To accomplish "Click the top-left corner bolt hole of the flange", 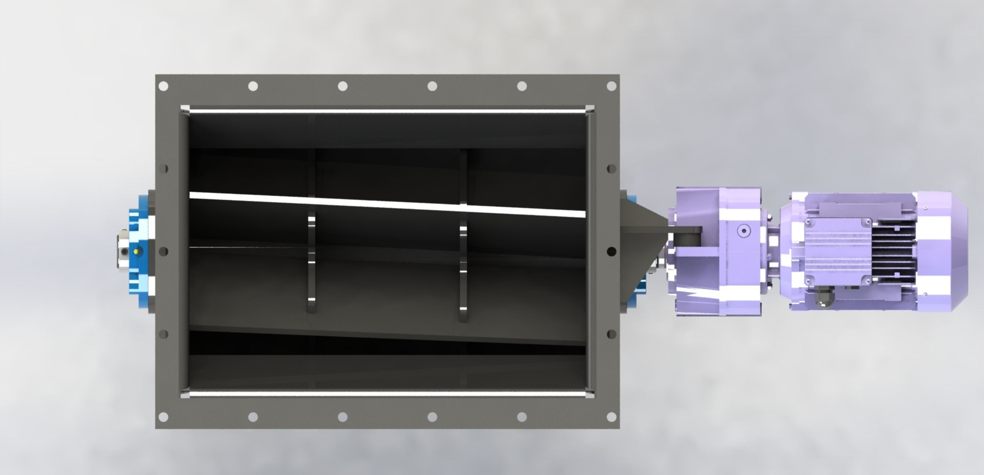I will coord(163,86).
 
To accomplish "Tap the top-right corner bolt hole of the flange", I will coord(611,86).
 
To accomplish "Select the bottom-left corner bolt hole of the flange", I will coord(163,417).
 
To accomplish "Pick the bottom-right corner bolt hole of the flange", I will coord(611,417).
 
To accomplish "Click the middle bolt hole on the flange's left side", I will coord(163,252).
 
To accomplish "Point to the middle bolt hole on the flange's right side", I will coord(611,252).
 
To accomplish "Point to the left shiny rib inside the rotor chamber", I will coord(311,264).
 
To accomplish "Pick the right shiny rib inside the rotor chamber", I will coord(463,271).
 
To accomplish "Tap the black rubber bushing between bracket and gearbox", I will coord(687,239).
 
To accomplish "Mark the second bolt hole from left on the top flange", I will coord(253,86).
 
